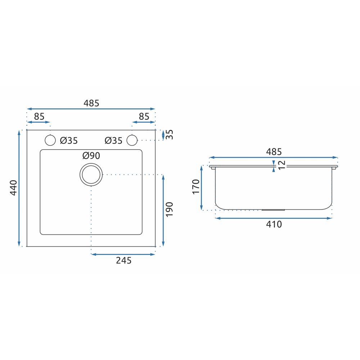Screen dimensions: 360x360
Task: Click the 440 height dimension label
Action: pyautogui.click(x=14, y=188)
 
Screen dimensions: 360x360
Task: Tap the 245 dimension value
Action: pyautogui.click(x=123, y=260)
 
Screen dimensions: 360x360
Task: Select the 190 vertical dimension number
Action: pyautogui.click(x=169, y=209)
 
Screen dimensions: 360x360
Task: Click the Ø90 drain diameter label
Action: pyautogui.click(x=91, y=156)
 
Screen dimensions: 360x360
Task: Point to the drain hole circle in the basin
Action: pyautogui.click(x=91, y=164)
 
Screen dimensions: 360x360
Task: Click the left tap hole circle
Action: pyautogui.click(x=50, y=135)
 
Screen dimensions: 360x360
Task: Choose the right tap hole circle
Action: pyautogui.click(x=132, y=135)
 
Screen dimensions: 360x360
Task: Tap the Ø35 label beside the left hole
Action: pyautogui.click(x=69, y=140)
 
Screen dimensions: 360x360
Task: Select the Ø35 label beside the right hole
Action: pyautogui.click(x=113, y=140)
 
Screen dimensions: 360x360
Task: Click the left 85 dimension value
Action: pyautogui.click(x=39, y=116)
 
